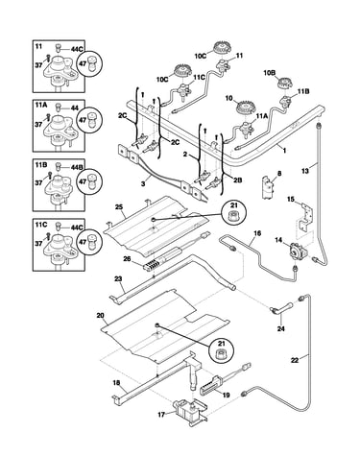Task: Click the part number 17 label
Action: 161,415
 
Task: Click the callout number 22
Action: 295,360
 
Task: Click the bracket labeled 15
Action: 304,216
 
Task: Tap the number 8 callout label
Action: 279,174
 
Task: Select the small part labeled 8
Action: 268,188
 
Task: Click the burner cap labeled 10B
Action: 284,84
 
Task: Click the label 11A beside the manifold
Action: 260,117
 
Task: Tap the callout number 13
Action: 305,171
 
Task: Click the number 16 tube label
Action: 257,233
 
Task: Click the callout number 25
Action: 119,206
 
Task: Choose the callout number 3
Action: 143,184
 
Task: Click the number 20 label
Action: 100,316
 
